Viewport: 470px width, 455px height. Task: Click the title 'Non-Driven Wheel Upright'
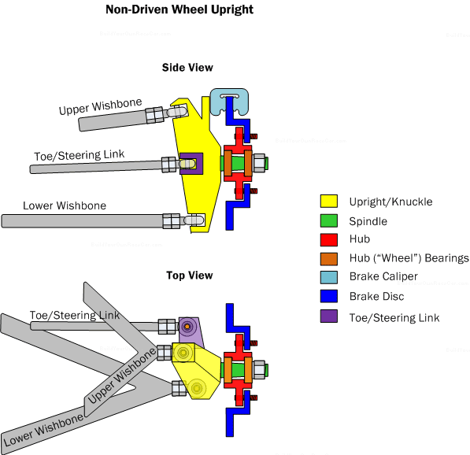point(179,10)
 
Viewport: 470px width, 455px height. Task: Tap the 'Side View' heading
point(187,68)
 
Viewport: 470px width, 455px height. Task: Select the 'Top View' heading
point(189,276)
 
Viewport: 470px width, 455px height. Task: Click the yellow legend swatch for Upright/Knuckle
point(328,202)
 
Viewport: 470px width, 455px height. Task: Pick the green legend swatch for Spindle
point(328,221)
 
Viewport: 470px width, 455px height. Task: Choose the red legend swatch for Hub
point(328,239)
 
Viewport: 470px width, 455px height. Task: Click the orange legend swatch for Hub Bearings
point(328,258)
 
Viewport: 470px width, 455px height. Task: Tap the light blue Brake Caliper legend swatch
point(328,277)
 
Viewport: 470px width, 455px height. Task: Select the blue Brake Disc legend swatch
point(328,297)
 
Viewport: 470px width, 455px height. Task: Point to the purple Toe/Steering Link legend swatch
point(328,316)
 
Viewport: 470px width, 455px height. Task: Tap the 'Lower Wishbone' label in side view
point(65,206)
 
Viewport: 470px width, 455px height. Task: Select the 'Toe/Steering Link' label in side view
point(79,155)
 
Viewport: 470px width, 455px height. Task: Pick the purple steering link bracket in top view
point(190,327)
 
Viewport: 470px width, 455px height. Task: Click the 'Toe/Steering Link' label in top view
point(75,316)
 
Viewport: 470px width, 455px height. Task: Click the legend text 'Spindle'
point(368,221)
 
